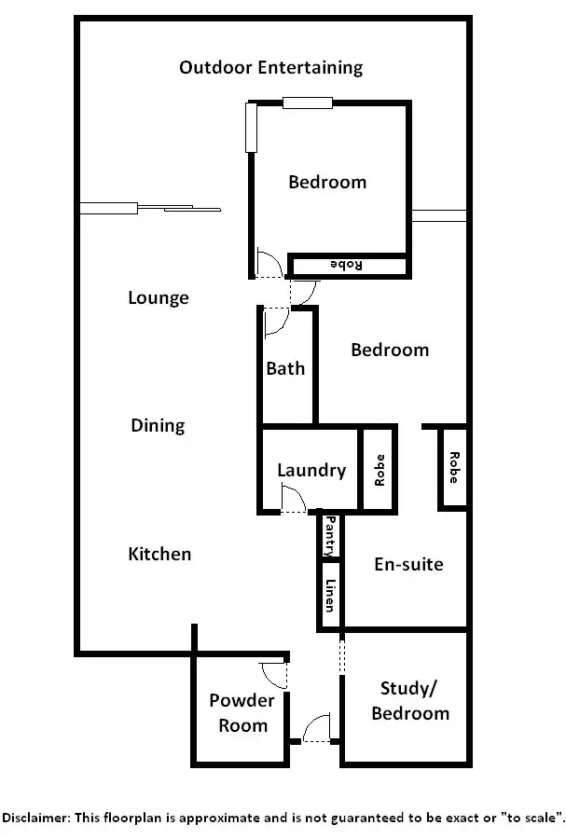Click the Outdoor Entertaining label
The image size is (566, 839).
tap(270, 68)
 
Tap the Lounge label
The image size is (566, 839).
tap(159, 298)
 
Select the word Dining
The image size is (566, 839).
tap(158, 426)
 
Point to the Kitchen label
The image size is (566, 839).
tap(159, 555)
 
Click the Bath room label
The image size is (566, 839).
tap(285, 369)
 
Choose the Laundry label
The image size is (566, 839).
tap(311, 471)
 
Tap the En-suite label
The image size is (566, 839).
tap(408, 565)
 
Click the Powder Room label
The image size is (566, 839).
tap(242, 713)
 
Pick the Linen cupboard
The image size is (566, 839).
tap(330, 596)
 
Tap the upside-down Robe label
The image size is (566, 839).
tap(347, 266)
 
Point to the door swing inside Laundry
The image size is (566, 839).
tap(293, 502)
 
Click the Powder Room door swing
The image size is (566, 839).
tap(274, 671)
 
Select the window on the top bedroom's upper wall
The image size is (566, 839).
tap(308, 103)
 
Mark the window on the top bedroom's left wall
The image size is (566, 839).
tap(250, 128)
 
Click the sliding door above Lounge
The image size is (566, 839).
tap(149, 207)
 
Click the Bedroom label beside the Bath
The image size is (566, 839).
tap(390, 351)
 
